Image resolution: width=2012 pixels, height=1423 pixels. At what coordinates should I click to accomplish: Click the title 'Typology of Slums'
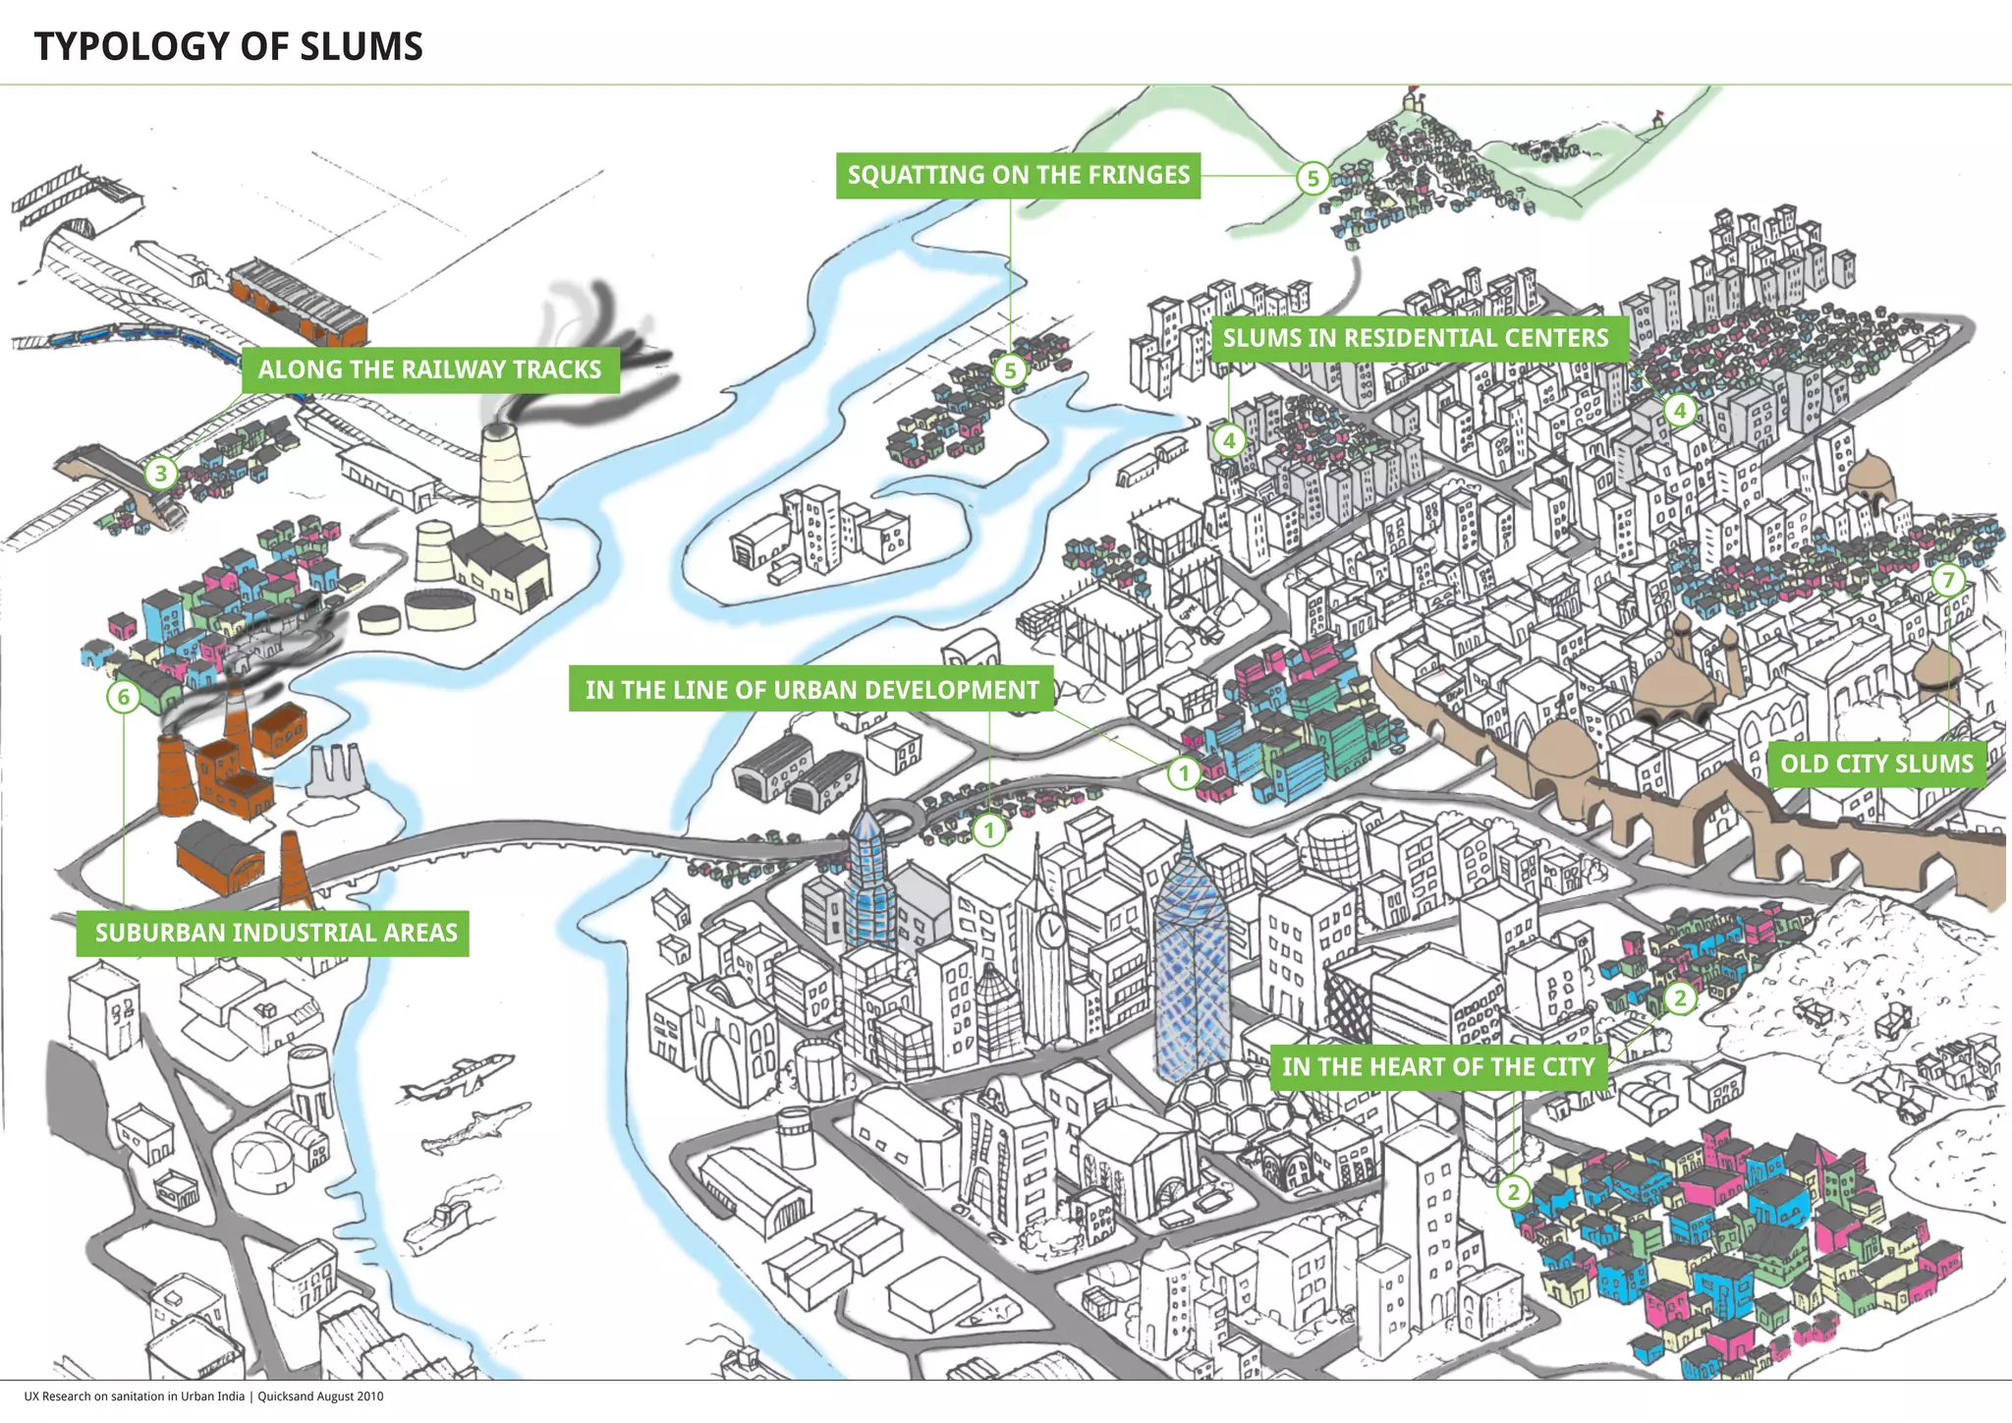228,46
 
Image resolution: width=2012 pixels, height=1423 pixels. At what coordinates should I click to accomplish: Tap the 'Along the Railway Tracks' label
429,370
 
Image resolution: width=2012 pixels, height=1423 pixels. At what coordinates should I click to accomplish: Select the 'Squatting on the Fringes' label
1018,175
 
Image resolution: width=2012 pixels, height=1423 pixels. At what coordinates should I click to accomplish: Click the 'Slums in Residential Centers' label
1415,338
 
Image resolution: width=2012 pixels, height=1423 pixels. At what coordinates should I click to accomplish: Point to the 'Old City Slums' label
1876,764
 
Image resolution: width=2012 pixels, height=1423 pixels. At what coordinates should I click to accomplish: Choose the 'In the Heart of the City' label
1438,1066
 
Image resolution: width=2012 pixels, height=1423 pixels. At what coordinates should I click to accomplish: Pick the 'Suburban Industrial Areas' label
275,933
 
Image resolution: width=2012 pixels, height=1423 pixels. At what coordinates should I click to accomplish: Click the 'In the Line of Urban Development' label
811,690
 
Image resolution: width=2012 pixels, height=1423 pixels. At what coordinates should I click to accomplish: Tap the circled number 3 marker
161,474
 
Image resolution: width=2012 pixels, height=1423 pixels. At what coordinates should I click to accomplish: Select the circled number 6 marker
124,698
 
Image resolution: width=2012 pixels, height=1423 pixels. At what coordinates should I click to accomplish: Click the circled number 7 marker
1949,580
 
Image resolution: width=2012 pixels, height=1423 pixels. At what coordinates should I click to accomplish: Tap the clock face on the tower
1051,928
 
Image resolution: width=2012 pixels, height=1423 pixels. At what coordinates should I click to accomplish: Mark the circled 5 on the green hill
1313,179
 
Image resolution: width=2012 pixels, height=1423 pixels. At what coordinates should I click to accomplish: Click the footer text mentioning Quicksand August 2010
203,1396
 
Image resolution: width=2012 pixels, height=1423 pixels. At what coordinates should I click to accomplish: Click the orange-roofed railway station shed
299,300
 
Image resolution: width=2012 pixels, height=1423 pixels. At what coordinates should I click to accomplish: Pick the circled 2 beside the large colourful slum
1514,1193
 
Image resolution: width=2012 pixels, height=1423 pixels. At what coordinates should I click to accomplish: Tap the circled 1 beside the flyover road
989,830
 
